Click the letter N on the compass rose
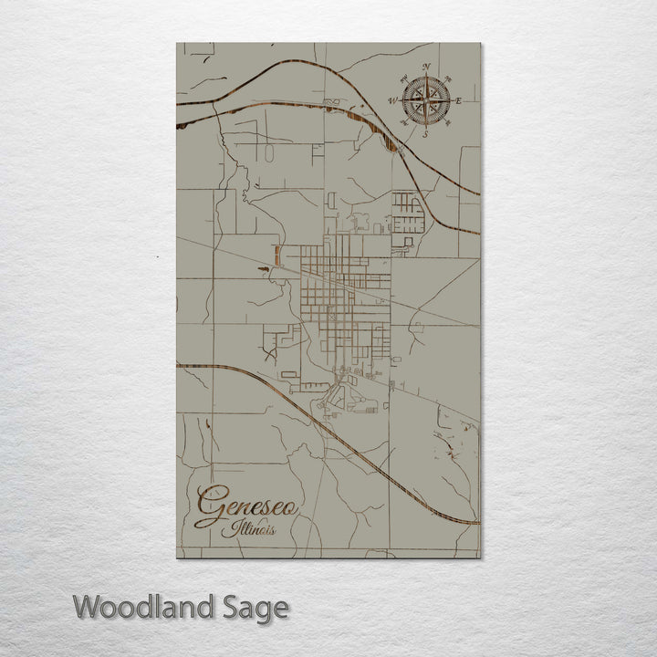(x=425, y=66)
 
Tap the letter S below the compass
(x=425, y=134)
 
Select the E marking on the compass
(x=459, y=100)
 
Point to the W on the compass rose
(x=392, y=100)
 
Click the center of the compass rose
(x=425, y=99)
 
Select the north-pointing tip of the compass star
(x=425, y=75)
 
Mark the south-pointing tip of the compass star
(x=425, y=125)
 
